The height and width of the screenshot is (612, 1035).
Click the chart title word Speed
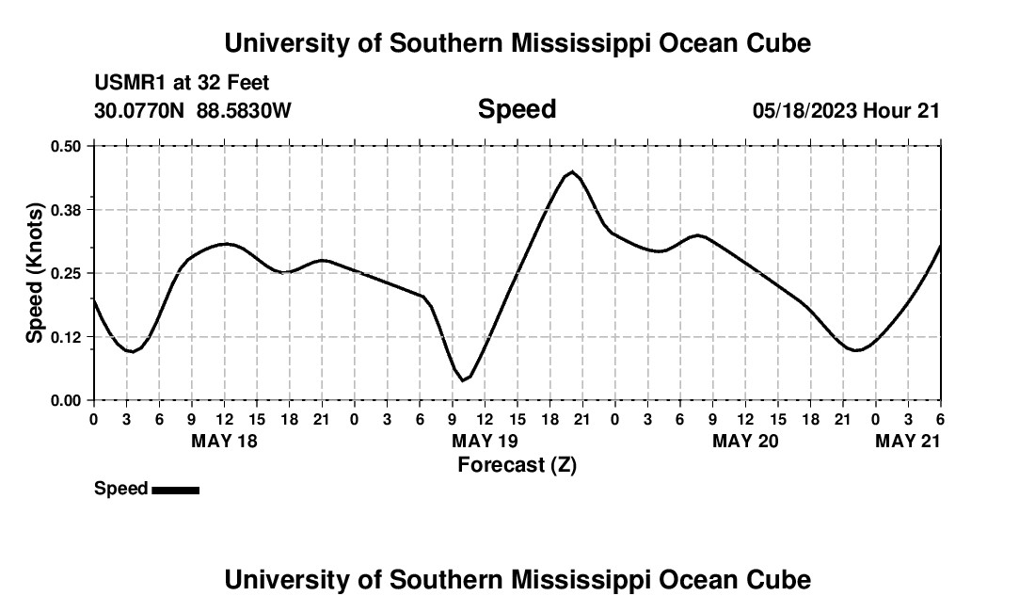517,109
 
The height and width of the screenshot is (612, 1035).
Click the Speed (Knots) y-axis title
35,273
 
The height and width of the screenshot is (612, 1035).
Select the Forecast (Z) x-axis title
517,465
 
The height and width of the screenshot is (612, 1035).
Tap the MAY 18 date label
224,442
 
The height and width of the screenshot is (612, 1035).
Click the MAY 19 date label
485,442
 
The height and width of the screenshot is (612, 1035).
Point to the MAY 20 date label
745,442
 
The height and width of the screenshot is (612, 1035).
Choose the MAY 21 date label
907,442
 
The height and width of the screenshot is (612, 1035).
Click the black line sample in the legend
175,490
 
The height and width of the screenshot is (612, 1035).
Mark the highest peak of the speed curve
571,172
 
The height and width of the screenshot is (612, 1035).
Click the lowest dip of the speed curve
463,380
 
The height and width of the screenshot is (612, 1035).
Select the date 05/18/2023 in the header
804,110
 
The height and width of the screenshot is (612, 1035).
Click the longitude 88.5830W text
244,110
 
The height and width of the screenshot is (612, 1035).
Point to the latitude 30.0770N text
140,110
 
